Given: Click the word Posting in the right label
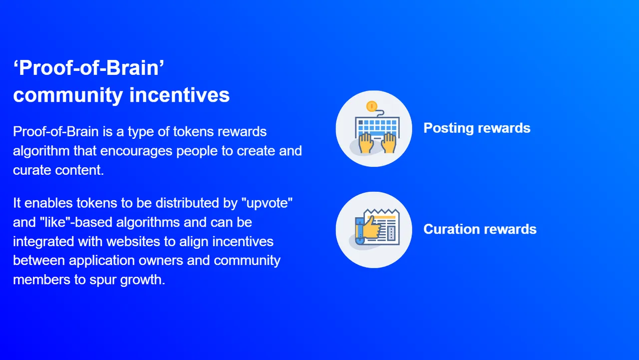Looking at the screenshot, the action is pos(448,128).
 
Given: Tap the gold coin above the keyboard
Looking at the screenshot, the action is pos(372,106).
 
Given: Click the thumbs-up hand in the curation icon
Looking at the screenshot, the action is pos(371,228).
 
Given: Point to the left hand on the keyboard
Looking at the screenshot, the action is pos(365,143).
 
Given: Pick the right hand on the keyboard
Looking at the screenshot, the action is pos(388,143).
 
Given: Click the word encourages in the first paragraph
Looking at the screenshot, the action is pos(136,151).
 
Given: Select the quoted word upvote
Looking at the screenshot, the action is pos(267,203).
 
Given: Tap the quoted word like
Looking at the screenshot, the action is pos(56,222).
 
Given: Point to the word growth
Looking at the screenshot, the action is pos(143,280).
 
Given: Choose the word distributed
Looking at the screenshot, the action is pos(187,203).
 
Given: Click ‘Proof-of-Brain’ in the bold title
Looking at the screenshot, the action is pos(89,68).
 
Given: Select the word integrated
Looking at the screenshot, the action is pos(43,242).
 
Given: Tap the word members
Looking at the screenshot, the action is pos(41,280).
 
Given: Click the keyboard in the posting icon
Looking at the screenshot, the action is pos(377,127).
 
